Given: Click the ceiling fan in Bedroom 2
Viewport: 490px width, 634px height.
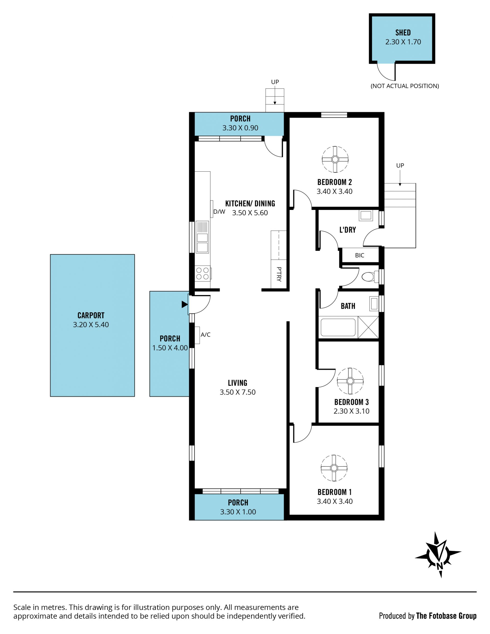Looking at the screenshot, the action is (x=335, y=159).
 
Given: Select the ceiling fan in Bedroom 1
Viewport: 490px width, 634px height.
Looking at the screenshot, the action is (x=334, y=468).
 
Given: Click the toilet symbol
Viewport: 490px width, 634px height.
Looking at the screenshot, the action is (x=370, y=276).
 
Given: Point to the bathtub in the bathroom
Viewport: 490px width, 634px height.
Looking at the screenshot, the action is (x=338, y=327).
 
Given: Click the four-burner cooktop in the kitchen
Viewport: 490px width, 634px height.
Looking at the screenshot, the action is (x=203, y=273).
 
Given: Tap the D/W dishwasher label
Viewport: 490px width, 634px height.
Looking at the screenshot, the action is (x=219, y=212).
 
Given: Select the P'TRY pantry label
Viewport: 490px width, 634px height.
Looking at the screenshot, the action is (x=279, y=274).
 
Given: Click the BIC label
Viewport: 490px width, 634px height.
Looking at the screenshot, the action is (x=359, y=255).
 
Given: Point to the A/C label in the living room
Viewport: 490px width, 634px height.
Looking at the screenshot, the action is (x=205, y=334).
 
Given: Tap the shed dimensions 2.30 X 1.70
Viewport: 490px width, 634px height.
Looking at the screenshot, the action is (x=403, y=42).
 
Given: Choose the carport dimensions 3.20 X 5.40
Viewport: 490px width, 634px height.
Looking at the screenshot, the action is (x=91, y=325).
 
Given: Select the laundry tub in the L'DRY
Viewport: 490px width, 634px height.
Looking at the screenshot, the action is (x=366, y=215).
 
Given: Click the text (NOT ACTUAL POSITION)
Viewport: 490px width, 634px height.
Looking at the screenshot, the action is (x=405, y=86).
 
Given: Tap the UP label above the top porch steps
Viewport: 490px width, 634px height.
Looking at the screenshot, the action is (x=275, y=82).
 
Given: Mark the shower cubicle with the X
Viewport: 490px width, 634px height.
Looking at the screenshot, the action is (x=368, y=327).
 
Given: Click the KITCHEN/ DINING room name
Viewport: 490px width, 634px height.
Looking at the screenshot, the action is (x=250, y=204).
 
